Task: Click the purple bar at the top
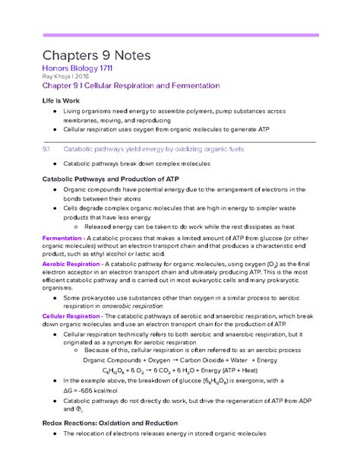coord(178,35)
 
